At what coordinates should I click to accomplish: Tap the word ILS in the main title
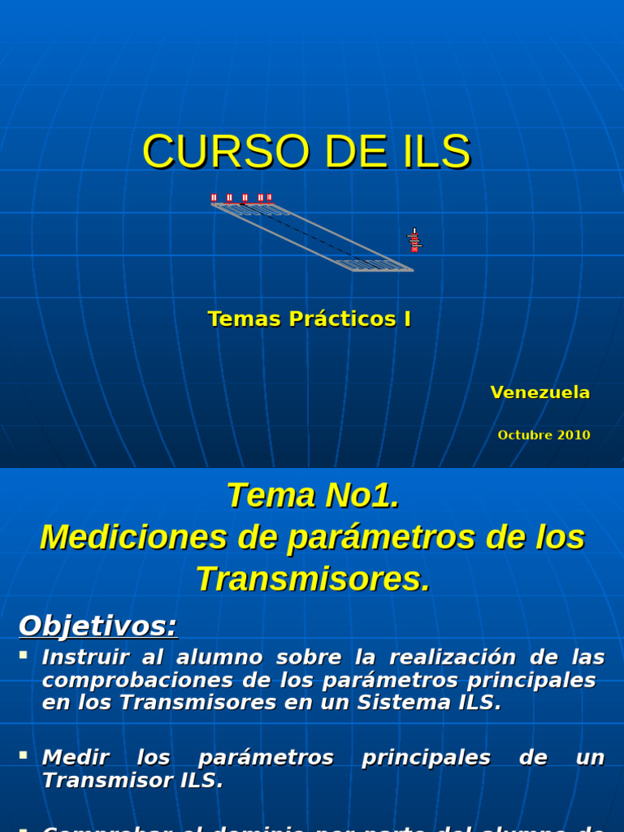(433, 152)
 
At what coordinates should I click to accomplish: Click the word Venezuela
(540, 392)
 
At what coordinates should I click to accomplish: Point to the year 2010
(574, 435)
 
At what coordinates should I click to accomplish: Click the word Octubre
(525, 435)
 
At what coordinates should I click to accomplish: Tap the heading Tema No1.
(313, 495)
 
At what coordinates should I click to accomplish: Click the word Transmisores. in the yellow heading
(313, 579)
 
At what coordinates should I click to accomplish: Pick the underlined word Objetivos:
(97, 626)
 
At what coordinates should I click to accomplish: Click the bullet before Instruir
(24, 654)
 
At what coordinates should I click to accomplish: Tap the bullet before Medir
(24, 756)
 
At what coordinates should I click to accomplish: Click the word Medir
(76, 758)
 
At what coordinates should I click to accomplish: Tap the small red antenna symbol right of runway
(414, 240)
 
